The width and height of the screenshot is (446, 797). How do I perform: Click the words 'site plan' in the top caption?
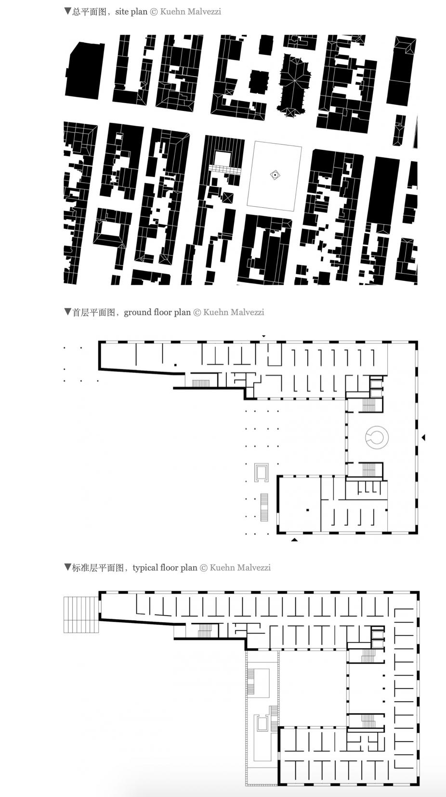[x=131, y=12]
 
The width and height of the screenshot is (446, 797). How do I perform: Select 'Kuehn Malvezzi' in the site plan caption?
[x=191, y=12]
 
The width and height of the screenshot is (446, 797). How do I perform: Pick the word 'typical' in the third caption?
[x=145, y=568]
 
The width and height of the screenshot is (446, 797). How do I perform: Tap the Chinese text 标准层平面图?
[x=98, y=568]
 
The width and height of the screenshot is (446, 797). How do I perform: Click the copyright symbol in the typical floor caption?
[x=204, y=568]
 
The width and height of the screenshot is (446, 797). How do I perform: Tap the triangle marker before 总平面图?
[x=67, y=11]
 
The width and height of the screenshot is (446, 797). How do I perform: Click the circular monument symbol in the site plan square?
[x=275, y=175]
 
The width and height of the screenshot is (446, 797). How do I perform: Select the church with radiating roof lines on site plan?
[x=294, y=85]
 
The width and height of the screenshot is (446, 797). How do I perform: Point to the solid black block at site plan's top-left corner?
[x=85, y=70]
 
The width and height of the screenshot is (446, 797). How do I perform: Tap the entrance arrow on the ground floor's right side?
[x=423, y=437]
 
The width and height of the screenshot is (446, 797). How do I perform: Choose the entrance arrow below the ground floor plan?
[x=294, y=540]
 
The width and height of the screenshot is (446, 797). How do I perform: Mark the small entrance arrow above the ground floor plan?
[x=263, y=336]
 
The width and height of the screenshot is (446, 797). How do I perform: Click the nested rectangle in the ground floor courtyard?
[x=262, y=472]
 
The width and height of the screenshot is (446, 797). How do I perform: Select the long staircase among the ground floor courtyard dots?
[x=264, y=507]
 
